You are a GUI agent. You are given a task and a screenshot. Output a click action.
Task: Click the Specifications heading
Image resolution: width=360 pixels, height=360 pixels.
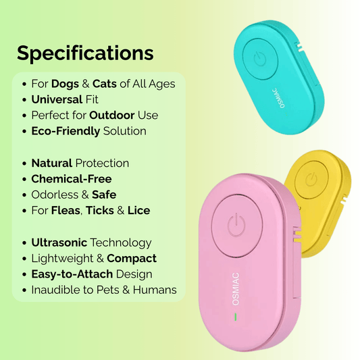[85, 53]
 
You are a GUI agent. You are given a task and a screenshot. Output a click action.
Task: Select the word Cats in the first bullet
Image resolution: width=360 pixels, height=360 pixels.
[106, 84]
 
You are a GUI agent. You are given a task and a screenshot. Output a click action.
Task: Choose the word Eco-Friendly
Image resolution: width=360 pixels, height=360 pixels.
[66, 131]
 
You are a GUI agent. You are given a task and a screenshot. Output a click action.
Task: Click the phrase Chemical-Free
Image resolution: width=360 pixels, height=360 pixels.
[72, 179]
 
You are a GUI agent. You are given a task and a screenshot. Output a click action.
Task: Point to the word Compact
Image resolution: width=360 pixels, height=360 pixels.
[132, 258]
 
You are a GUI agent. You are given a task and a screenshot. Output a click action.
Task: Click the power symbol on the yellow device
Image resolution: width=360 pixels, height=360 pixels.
[311, 179]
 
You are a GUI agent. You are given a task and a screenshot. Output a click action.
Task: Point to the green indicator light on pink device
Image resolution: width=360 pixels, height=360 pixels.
[236, 316]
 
